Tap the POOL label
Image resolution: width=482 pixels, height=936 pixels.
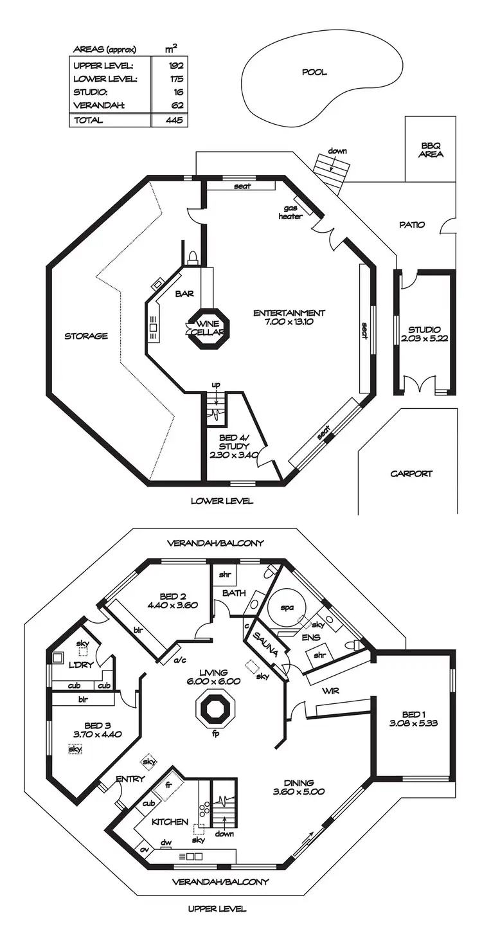point(314,72)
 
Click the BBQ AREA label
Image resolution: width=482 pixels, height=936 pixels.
point(431,150)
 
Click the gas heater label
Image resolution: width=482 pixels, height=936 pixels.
point(290,213)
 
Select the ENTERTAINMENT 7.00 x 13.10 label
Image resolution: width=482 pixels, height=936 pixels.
point(289,318)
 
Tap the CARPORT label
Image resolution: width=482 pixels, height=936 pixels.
point(411,474)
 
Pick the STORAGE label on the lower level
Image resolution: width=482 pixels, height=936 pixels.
point(85,336)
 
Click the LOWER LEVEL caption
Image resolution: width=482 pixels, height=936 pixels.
point(222,501)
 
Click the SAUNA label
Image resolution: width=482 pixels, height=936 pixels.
point(265,644)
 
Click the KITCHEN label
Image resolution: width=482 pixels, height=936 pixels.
point(170,822)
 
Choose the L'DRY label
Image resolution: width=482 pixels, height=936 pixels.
point(82,665)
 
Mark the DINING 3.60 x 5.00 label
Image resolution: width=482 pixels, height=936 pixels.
point(299,787)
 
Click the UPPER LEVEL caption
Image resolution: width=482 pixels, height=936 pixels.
point(217,909)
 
